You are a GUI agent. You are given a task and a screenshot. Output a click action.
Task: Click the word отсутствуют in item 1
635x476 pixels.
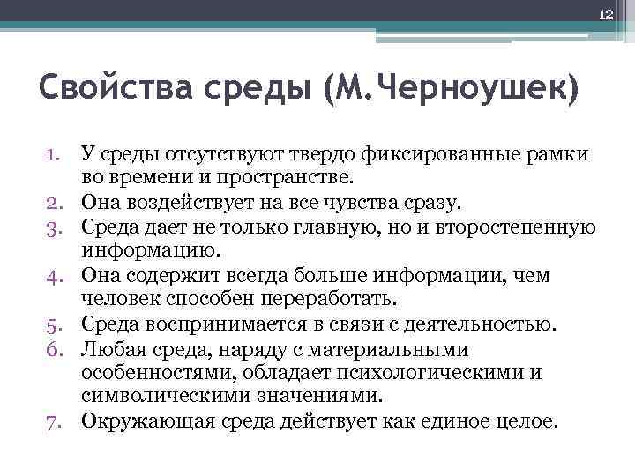pyautogui.click(x=213, y=156)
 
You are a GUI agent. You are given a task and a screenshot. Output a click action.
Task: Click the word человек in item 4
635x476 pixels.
pyautogui.click(x=118, y=300)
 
